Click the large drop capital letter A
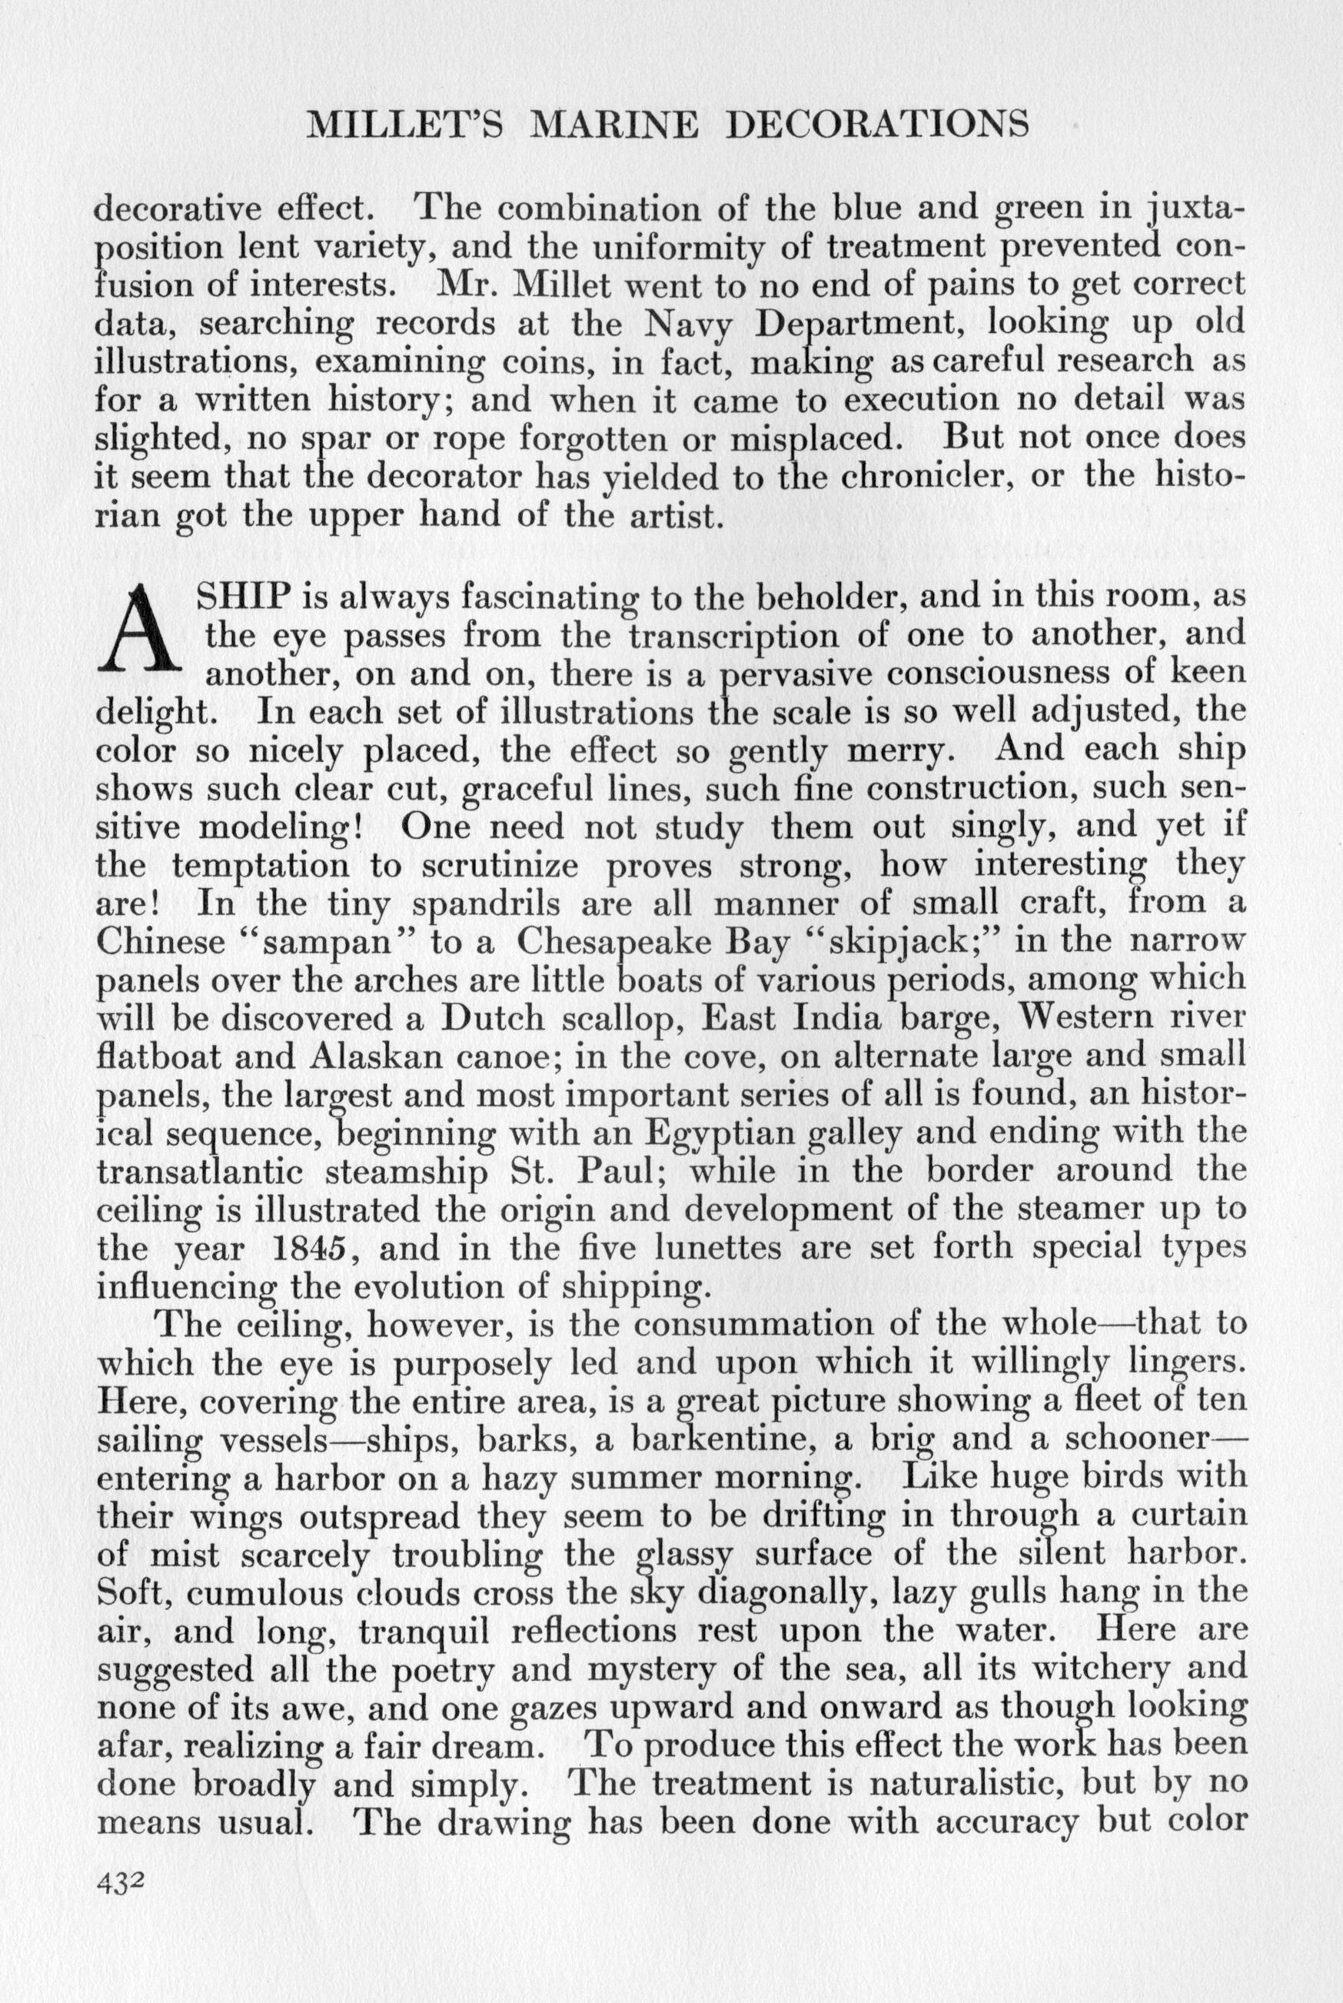click(x=142, y=630)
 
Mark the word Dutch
click(x=493, y=1019)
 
